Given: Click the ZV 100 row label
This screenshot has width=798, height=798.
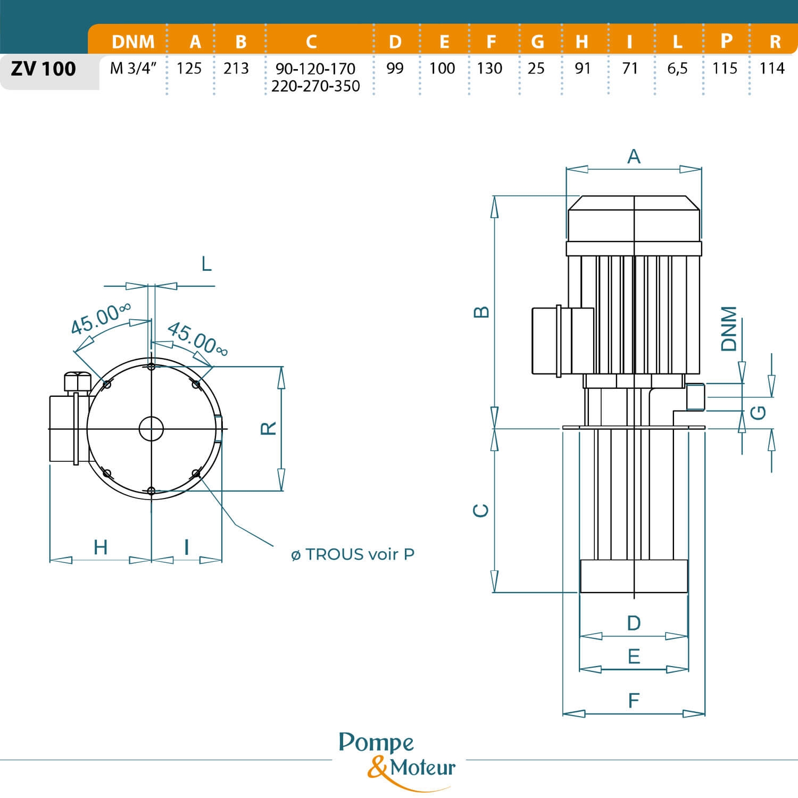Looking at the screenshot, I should (x=44, y=69).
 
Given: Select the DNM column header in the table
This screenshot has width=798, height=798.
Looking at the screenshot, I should (x=133, y=41).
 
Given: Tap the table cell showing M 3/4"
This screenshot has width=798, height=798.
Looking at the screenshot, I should (x=133, y=69).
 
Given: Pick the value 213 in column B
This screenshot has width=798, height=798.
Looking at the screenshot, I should (x=236, y=69).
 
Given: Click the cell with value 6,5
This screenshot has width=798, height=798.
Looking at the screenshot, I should (x=677, y=69).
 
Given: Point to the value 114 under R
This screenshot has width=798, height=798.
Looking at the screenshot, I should (x=772, y=69).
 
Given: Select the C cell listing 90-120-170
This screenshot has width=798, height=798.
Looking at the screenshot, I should (x=315, y=69).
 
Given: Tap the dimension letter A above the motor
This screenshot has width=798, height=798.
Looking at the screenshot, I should (x=634, y=156).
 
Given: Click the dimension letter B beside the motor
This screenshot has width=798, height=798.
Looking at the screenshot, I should (x=481, y=312).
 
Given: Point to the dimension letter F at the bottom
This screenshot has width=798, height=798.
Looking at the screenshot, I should (x=633, y=701).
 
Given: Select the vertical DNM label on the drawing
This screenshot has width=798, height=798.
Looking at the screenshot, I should (x=729, y=329).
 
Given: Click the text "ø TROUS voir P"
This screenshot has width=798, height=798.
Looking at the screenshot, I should (x=353, y=554).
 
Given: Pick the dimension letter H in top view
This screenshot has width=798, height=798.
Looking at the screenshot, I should (x=101, y=547).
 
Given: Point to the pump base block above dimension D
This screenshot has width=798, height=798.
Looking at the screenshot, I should (x=634, y=576).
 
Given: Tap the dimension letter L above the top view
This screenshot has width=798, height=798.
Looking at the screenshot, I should (x=206, y=263).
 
